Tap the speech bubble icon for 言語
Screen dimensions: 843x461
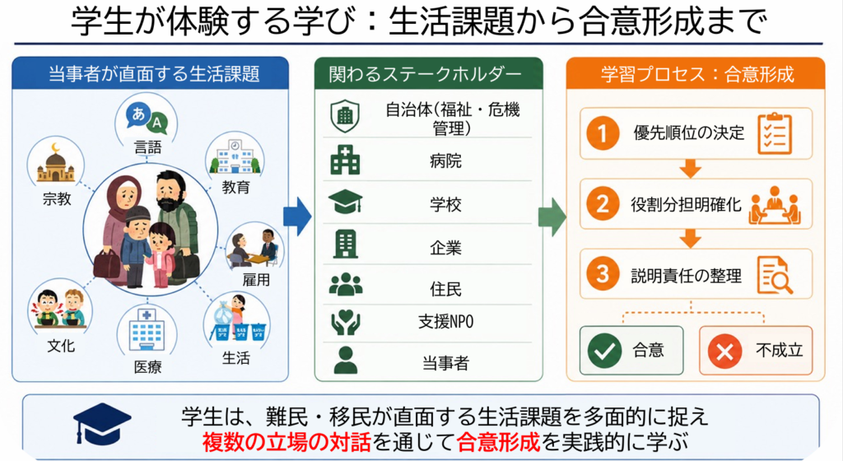point(147,119)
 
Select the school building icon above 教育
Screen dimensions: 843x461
point(235,157)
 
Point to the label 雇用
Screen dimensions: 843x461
point(256,279)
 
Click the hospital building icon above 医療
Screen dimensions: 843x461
point(147,329)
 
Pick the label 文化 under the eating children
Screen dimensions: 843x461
point(61,346)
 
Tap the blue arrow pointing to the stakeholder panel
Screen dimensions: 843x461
point(297,217)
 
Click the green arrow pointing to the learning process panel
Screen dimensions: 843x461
point(552,217)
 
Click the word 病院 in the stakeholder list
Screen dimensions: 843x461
point(445,161)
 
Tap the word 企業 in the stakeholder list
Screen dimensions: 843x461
point(445,247)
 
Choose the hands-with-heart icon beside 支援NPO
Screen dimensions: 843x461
point(345,323)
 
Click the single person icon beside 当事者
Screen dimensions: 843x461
point(345,360)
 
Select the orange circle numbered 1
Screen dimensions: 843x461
point(603,133)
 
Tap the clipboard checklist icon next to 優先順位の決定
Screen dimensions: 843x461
point(775,133)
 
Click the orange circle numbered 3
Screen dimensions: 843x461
point(603,274)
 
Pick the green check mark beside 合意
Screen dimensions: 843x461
point(605,351)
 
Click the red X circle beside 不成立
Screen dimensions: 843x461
point(724,352)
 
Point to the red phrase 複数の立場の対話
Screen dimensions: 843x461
point(286,442)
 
